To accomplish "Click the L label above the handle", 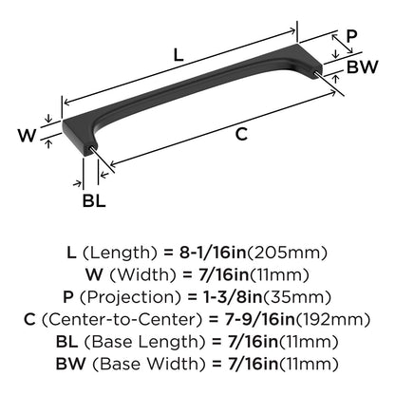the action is click(x=179, y=55).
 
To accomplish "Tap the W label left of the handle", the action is click(x=27, y=135).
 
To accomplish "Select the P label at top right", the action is click(x=351, y=36).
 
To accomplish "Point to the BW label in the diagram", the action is click(x=363, y=67).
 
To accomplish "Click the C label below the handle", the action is click(x=241, y=134).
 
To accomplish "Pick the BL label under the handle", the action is click(x=94, y=200).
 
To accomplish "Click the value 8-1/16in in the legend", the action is click(x=213, y=253).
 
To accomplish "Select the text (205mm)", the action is click(x=287, y=253).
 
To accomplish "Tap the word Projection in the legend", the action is click(x=131, y=297).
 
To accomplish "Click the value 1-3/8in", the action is click(x=233, y=297).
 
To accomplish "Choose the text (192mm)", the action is click(x=332, y=320).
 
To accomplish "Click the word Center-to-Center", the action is click(x=122, y=320).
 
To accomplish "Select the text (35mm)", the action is click(x=297, y=297).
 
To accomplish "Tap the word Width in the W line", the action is click(x=142, y=274).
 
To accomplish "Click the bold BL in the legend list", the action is click(x=66, y=342).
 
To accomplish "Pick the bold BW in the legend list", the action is click(x=71, y=364).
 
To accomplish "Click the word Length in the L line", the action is click(x=120, y=253).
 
